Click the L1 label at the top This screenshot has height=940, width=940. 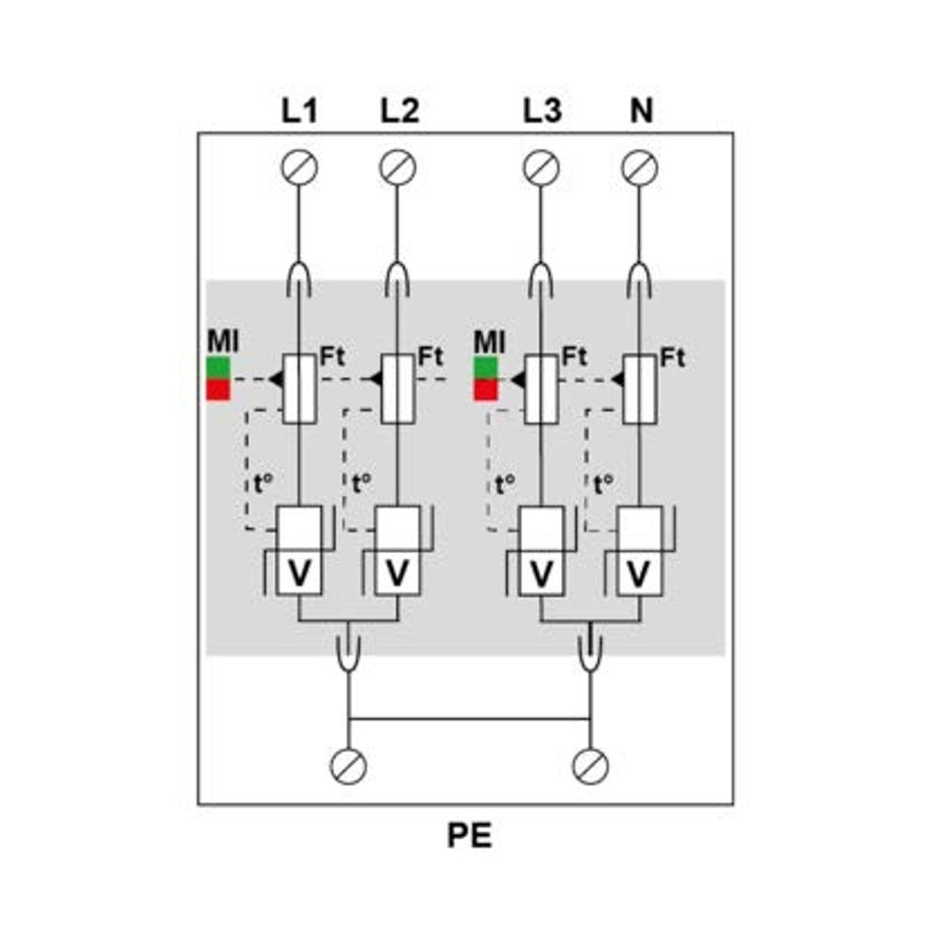point(299,110)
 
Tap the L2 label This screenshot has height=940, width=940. point(399,110)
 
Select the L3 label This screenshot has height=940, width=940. point(542,110)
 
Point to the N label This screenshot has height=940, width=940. point(641,110)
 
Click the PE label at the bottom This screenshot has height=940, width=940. point(469,835)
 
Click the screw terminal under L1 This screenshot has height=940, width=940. point(299,167)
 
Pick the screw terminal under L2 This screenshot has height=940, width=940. point(398,167)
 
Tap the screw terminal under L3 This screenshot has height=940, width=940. point(541,167)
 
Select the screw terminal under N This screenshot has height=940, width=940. point(639,167)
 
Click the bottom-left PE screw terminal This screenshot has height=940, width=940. point(349,766)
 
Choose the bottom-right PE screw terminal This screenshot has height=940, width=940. point(590,766)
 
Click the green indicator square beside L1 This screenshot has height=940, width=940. point(218,368)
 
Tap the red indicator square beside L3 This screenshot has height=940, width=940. point(486,390)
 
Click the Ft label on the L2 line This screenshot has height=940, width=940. point(430,356)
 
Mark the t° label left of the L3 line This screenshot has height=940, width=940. point(505,484)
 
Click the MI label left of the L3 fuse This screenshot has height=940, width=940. point(489,342)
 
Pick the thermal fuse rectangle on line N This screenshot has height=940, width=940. point(639,389)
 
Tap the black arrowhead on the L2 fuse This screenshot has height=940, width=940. point(374,379)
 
